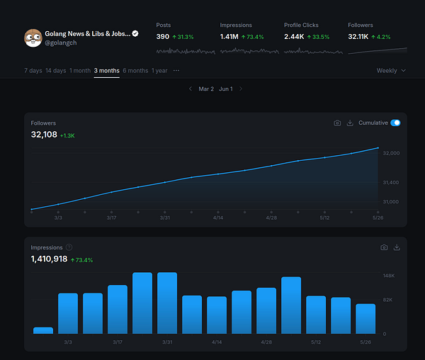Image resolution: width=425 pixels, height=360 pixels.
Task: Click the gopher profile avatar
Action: [x=33, y=38]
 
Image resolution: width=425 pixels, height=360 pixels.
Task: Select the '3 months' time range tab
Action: [x=106, y=71]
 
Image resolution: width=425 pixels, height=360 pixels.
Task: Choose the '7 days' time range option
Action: [x=33, y=71]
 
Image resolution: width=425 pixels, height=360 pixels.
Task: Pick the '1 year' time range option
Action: [x=159, y=71]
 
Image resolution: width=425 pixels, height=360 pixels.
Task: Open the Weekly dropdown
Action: [x=391, y=71]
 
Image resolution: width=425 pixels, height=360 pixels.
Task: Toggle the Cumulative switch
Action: [x=395, y=123]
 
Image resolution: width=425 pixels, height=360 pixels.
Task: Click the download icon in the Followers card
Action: [x=350, y=123]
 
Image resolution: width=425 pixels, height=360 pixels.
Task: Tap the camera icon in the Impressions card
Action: [x=384, y=247]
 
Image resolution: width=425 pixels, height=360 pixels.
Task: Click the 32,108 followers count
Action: [x=43, y=134]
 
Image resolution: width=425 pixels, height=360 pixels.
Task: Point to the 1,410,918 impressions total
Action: [x=49, y=259]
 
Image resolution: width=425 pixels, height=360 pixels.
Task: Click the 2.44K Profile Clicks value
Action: [x=293, y=37]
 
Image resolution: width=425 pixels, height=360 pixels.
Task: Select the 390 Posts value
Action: [x=163, y=37]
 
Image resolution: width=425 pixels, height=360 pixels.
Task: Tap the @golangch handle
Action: [x=60, y=43]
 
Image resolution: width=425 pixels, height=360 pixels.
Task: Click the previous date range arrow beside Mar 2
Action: [x=190, y=89]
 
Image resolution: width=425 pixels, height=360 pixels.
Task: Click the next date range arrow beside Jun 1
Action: [x=241, y=89]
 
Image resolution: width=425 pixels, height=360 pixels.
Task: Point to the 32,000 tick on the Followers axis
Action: [x=391, y=153]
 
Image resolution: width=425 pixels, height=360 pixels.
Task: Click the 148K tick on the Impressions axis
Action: [x=389, y=275]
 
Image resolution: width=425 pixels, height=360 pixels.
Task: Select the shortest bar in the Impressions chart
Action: [x=43, y=330]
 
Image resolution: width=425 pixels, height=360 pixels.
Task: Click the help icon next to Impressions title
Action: [x=69, y=247]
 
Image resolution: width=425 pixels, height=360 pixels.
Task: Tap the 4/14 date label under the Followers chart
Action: [x=217, y=218]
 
